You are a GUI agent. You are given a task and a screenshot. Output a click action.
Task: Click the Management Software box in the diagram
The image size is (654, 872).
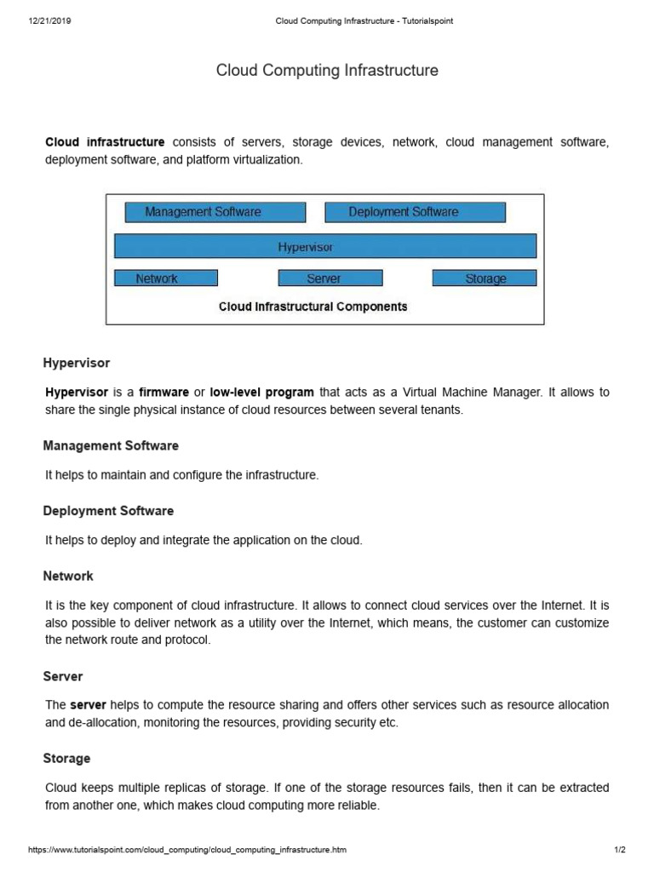(x=215, y=212)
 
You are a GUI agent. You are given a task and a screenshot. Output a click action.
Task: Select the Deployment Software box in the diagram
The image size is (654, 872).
(x=415, y=212)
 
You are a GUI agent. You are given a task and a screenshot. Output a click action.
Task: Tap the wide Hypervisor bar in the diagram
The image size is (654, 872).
(x=325, y=246)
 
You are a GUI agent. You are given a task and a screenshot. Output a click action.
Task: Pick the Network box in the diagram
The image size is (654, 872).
(x=166, y=278)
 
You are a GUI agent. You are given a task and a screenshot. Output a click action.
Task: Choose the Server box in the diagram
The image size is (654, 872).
(x=330, y=278)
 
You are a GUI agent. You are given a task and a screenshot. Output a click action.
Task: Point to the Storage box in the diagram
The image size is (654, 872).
(x=485, y=278)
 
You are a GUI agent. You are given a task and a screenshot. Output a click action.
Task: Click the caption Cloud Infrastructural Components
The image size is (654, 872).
(x=313, y=307)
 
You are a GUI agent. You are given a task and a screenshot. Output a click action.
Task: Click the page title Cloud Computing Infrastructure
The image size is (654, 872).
(x=327, y=71)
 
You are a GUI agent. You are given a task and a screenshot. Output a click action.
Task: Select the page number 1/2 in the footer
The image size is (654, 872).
(x=619, y=850)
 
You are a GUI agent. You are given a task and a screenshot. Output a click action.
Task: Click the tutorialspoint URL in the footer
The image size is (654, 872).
(x=187, y=850)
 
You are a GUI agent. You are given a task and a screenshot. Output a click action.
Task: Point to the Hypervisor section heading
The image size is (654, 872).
(x=77, y=363)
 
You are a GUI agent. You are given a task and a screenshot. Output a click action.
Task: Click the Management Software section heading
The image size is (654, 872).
(x=111, y=445)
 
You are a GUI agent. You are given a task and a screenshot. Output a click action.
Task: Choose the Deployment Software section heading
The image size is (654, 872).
(x=108, y=511)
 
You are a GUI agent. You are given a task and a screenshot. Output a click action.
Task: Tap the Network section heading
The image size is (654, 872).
(x=68, y=577)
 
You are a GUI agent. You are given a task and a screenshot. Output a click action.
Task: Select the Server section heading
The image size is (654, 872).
(x=63, y=676)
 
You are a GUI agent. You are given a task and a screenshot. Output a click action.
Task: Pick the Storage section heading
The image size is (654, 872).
(x=66, y=758)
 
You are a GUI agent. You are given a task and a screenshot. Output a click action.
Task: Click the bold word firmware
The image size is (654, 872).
(x=164, y=393)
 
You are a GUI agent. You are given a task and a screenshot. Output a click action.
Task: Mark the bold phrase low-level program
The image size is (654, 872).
(x=262, y=393)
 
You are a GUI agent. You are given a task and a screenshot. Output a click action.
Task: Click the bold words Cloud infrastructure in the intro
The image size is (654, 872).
(x=105, y=143)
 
